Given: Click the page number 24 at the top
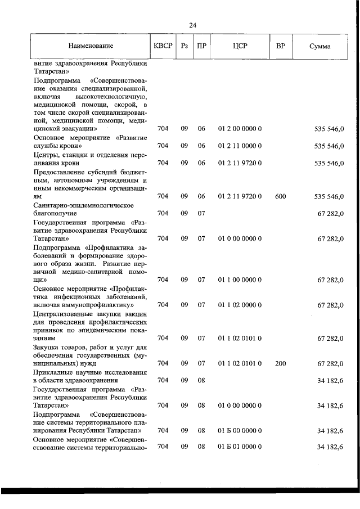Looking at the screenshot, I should [193, 25].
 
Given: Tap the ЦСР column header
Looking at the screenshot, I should [240, 46].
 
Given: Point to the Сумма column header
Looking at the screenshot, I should [319, 46].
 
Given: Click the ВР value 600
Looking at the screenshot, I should [281, 196].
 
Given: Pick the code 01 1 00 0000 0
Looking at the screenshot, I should [240, 280].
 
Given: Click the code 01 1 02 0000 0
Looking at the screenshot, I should [240, 305].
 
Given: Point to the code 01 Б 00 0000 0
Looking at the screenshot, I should [240, 431].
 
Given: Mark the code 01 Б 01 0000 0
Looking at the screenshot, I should [240, 447].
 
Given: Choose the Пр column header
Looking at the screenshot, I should [201, 46].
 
